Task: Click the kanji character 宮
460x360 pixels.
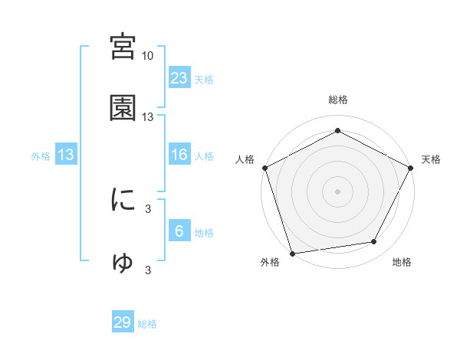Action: (123, 48)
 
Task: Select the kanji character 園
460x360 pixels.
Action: (123, 109)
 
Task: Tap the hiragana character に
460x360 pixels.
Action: (123, 201)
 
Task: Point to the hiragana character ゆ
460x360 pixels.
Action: (123, 263)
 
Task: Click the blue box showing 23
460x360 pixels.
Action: (179, 77)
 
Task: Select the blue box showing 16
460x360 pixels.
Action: (179, 155)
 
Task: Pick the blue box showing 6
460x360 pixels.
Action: (179, 231)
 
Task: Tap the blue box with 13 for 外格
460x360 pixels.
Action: (66, 155)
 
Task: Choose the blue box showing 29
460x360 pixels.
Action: (123, 322)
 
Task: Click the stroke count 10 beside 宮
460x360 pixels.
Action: (148, 56)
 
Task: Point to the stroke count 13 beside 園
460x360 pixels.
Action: (148, 117)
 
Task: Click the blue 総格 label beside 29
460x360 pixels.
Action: (147, 324)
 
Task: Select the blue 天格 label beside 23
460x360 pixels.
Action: (203, 79)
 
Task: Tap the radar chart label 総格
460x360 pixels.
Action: (338, 100)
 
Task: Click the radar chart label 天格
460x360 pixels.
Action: (432, 159)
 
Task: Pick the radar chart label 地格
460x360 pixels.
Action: (402, 262)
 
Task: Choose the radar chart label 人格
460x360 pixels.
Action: (245, 159)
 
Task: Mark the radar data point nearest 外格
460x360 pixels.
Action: (292, 253)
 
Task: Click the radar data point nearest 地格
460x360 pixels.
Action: (374, 242)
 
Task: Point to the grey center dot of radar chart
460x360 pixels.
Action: (338, 191)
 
